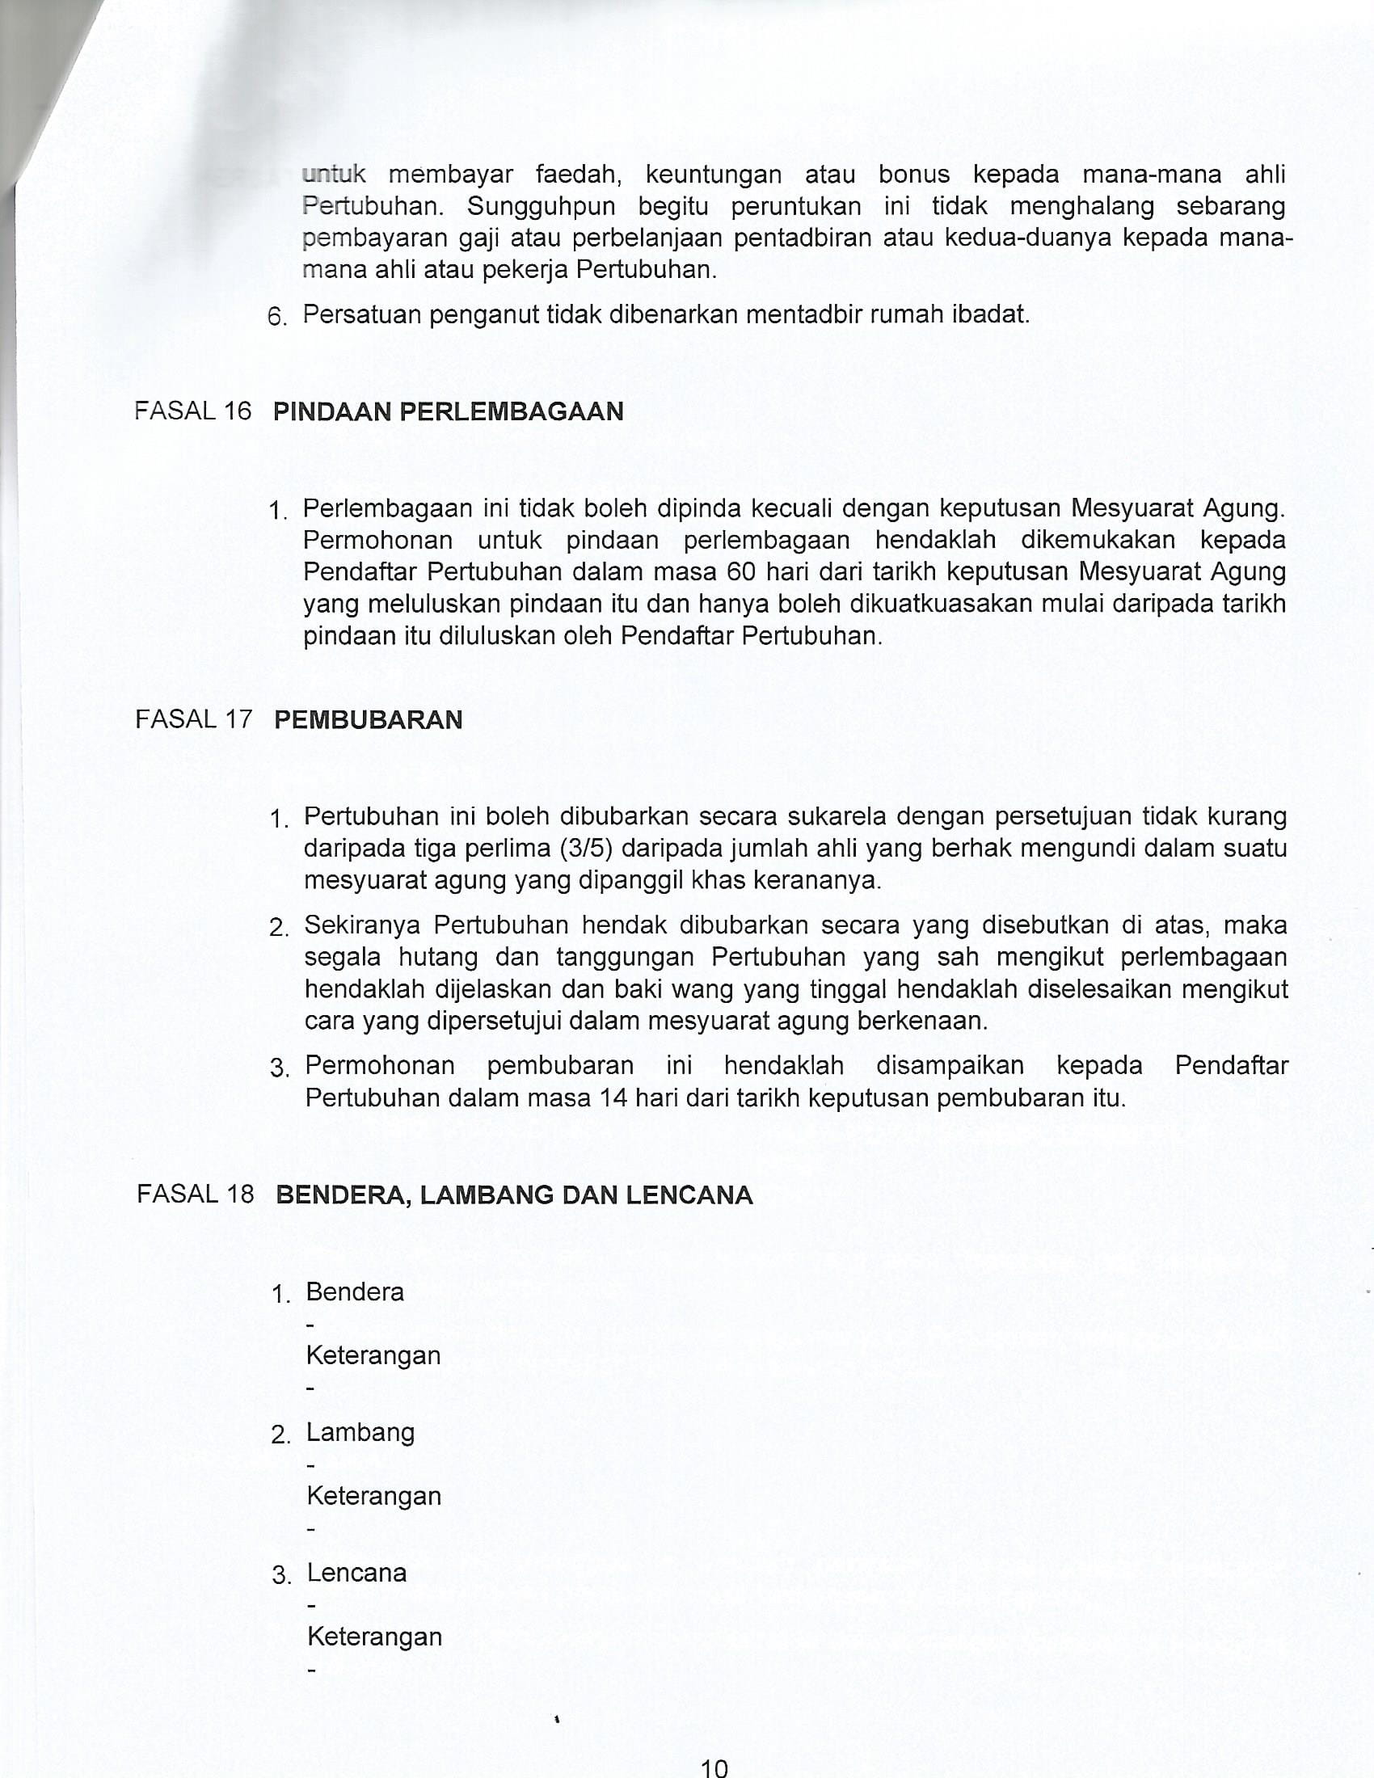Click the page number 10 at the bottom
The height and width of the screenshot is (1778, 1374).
tap(714, 1767)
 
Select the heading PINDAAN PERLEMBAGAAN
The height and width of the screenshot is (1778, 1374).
tap(449, 412)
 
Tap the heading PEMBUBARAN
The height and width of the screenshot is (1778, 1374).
tap(368, 720)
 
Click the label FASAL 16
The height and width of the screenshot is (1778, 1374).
tap(193, 411)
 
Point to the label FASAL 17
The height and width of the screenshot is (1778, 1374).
tap(194, 719)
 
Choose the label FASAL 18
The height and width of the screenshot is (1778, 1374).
tap(196, 1194)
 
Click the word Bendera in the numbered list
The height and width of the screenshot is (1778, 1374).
tap(355, 1292)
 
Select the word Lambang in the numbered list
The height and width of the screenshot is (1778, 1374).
tap(360, 1432)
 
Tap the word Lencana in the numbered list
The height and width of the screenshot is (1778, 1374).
tap(356, 1572)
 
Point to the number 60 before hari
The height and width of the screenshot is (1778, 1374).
tap(740, 571)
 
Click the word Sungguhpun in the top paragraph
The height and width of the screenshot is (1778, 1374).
tap(542, 207)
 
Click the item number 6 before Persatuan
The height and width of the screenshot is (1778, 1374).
tap(276, 317)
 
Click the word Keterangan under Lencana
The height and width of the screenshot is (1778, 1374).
tap(374, 1637)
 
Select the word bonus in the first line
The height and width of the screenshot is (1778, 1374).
tap(914, 175)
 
